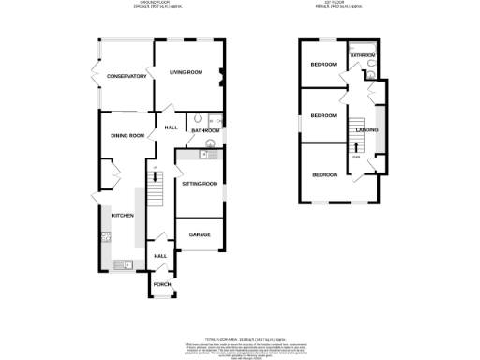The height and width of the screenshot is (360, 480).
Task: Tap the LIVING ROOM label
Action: (x=186, y=72)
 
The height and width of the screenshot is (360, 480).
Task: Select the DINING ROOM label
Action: (x=128, y=136)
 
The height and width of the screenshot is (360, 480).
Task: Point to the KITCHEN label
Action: (x=123, y=216)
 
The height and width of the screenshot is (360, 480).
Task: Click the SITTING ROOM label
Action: (x=200, y=185)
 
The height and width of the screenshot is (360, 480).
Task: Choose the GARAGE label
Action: (x=200, y=233)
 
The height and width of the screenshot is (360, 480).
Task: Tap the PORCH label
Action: (x=161, y=283)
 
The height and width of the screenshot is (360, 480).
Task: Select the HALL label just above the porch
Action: (x=159, y=256)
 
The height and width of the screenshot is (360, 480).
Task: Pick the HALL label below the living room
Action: (x=172, y=127)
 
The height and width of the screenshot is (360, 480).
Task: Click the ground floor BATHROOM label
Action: (x=205, y=130)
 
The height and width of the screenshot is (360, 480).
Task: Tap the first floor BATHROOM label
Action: (x=363, y=56)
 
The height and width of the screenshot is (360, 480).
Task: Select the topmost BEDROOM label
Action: (x=324, y=65)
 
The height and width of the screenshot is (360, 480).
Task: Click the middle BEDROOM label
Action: (x=323, y=115)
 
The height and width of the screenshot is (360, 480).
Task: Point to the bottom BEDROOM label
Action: (x=325, y=175)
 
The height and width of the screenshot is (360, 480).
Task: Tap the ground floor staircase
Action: (x=158, y=192)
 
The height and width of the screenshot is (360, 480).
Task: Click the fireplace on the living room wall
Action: (x=221, y=77)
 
